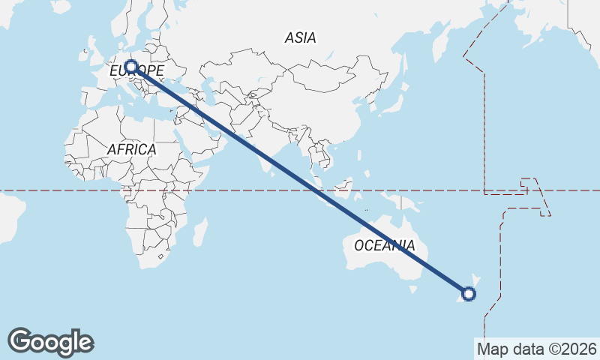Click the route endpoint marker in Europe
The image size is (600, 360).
coord(131,67)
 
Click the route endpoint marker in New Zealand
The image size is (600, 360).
coord(469,293)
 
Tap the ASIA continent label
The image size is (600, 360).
coord(300,37)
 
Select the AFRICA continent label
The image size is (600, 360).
coord(131,149)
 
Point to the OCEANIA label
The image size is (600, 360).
coord(384,245)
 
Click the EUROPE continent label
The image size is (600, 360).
coord(136,70)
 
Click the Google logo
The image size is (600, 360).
coord(50,342)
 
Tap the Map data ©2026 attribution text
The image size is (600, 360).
coord(537,349)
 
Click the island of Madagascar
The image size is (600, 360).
coord(199,232)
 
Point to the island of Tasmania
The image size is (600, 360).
coord(412,287)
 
